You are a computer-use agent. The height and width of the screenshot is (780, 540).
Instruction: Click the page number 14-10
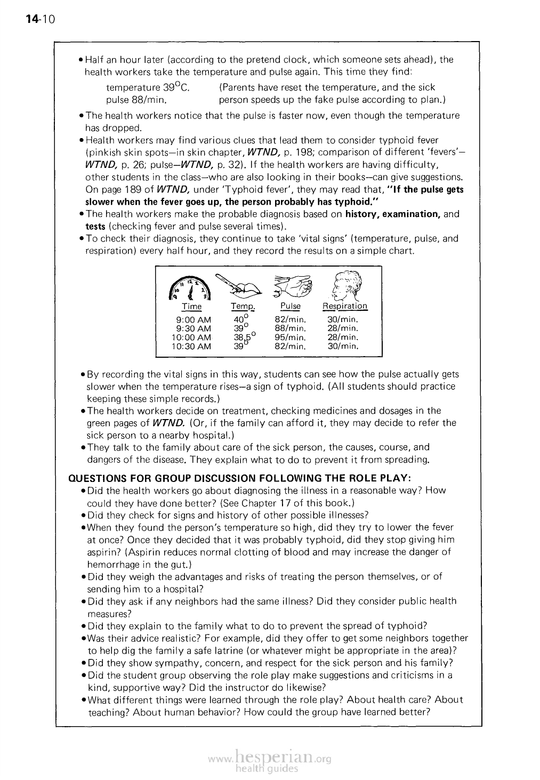[36, 20]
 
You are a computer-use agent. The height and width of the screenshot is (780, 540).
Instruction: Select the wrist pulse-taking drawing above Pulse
[291, 287]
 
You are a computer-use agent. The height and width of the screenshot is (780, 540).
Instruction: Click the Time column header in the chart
[192, 307]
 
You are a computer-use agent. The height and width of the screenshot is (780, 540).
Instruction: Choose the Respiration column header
[345, 307]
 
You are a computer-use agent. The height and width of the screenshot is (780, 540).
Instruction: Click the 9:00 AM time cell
[193, 320]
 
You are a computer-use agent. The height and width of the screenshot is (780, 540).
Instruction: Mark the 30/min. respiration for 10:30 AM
[343, 347]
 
